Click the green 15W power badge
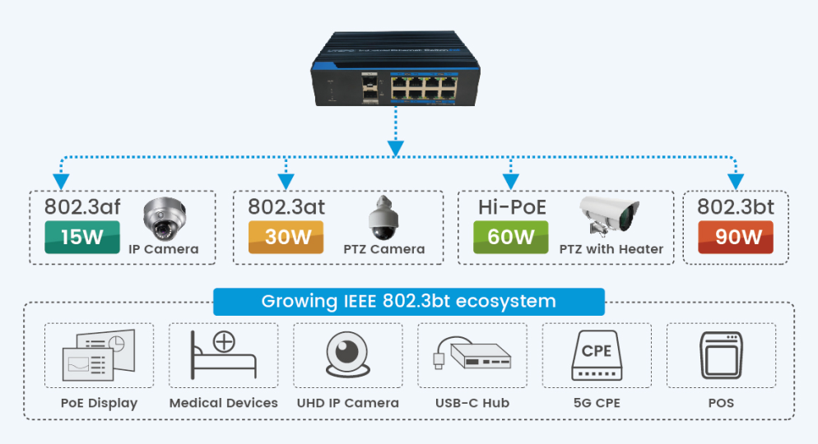tap(81, 237)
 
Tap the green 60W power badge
tap(511, 237)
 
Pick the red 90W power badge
tap(735, 237)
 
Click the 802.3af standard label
tap(81, 206)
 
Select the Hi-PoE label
tap(511, 206)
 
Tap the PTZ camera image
tap(384, 215)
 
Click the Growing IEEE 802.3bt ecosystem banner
tap(408, 301)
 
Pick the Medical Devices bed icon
tap(223, 355)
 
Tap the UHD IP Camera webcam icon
tap(348, 355)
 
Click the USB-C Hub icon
tap(472, 355)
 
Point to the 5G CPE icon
tap(597, 355)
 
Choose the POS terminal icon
tap(721, 355)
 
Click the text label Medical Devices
tap(223, 403)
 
